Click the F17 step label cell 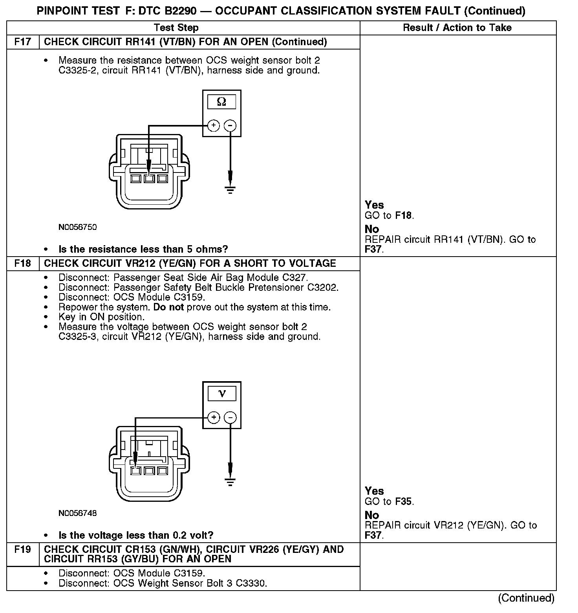23,42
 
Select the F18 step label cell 23,263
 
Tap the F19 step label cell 23,549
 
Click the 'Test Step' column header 176,28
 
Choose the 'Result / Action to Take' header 457,28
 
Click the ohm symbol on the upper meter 221,102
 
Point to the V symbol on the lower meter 222,394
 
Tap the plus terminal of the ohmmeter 213,126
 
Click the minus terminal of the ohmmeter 230,126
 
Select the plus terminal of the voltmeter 213,417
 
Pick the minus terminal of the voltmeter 230,417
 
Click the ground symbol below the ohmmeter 230,190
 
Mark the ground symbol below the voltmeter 230,482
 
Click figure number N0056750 78,227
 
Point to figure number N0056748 78,513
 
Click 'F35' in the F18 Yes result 404,501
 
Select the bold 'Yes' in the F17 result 374,205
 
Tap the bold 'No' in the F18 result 372,515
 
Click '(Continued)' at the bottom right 526,598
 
